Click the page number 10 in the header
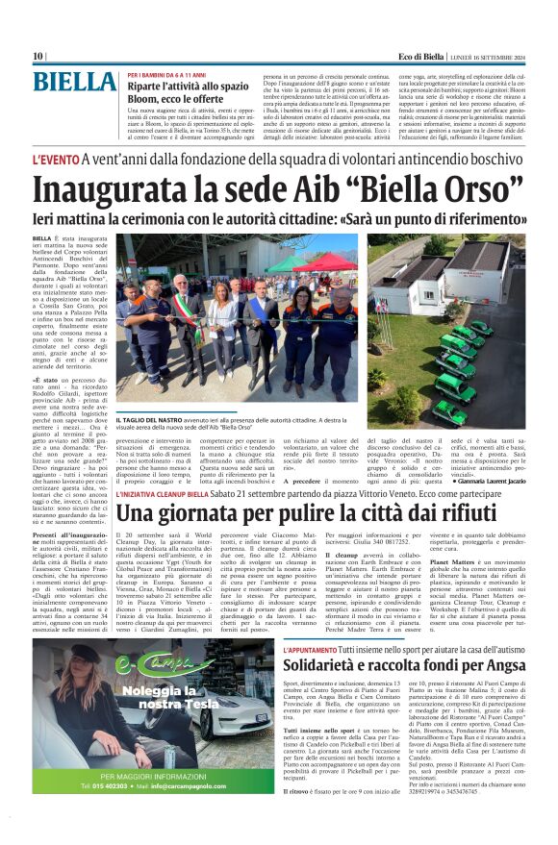38,57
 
